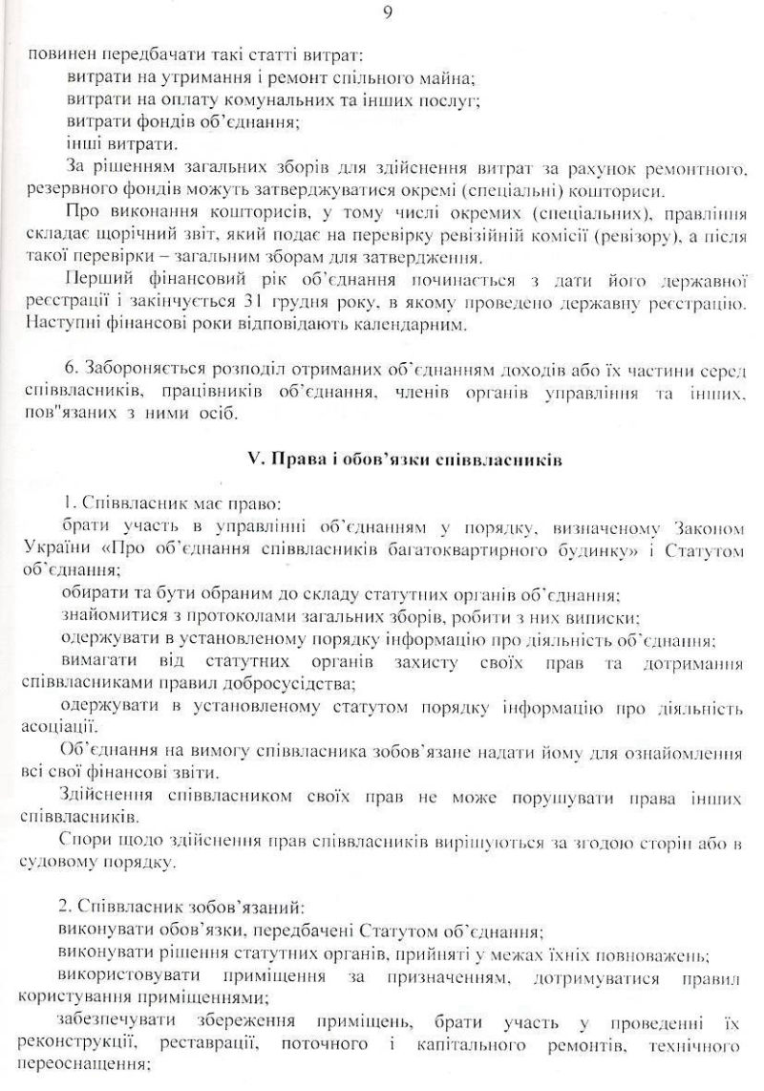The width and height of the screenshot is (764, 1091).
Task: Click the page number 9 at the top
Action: [387, 13]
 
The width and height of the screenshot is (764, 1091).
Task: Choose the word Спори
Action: [80, 841]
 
